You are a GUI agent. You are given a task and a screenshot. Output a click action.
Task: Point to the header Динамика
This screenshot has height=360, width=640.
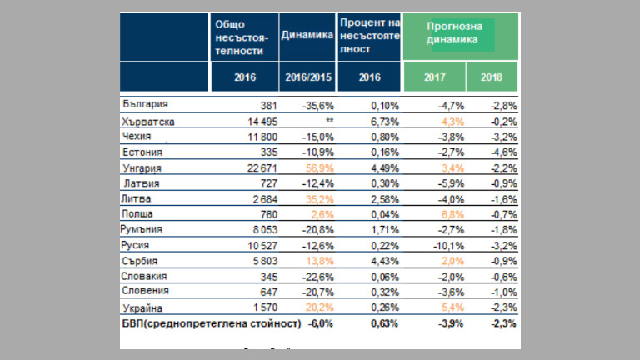[307, 35]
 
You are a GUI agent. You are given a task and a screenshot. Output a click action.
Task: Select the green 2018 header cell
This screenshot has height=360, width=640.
[491, 77]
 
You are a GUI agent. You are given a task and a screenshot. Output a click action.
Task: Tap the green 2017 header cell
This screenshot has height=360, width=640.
[434, 77]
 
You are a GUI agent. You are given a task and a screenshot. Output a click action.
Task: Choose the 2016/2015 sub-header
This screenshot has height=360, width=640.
[307, 77]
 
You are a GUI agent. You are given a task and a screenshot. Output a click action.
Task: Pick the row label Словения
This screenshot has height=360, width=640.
[145, 291]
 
